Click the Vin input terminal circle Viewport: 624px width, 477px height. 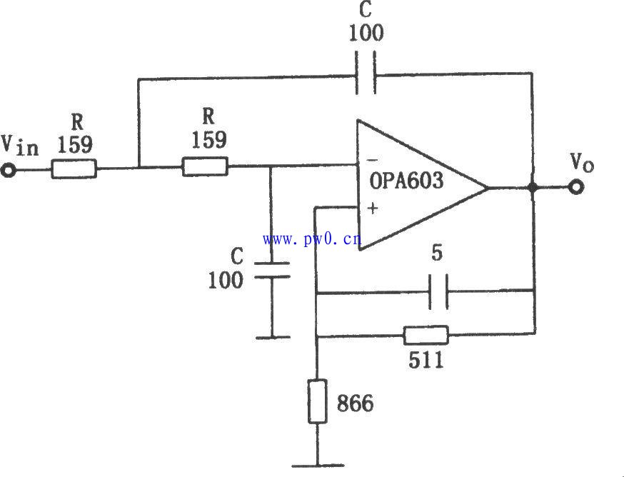8,171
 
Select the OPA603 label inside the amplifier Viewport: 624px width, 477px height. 406,181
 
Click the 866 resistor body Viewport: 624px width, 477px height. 318,401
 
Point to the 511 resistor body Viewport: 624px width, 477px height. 426,335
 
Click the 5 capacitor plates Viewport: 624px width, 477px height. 438,292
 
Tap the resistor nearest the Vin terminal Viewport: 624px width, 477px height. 74,169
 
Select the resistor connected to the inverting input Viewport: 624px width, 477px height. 206,166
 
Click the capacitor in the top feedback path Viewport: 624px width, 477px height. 366,74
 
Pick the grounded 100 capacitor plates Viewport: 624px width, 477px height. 272,270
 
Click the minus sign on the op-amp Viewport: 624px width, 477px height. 372,160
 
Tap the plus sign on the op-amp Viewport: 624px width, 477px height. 373,209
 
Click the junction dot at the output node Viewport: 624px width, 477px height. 533,188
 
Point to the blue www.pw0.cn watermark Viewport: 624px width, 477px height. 312,239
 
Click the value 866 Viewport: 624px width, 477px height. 356,403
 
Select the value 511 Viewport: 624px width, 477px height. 426,361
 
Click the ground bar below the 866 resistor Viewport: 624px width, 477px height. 318,465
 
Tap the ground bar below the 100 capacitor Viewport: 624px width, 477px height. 273,338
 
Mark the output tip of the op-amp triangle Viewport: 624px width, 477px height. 488,187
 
